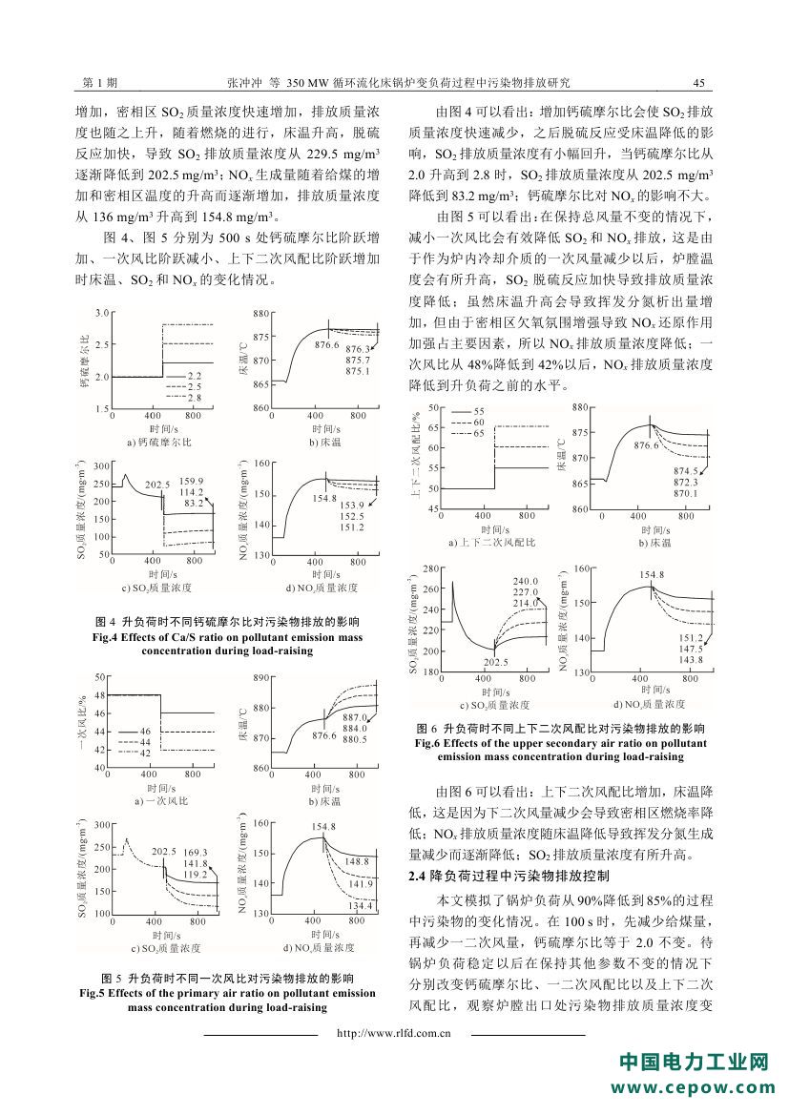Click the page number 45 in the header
click(698, 84)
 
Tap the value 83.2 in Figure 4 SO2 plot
click(194, 503)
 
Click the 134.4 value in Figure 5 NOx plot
click(359, 905)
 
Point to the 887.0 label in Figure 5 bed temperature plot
click(354, 717)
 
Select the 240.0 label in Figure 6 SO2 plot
click(526, 581)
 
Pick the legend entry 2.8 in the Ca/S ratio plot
click(194, 395)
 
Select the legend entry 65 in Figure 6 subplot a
click(479, 433)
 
